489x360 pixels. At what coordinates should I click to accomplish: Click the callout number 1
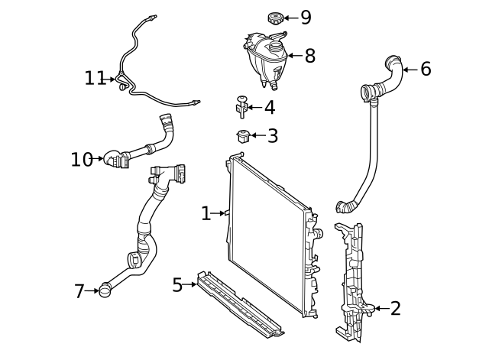(x=206, y=213)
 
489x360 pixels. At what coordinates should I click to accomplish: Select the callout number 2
(x=395, y=309)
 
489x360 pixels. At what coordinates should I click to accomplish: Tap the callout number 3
(x=272, y=137)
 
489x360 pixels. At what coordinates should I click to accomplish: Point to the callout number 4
(x=269, y=108)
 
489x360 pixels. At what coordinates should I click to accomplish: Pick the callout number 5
(x=177, y=285)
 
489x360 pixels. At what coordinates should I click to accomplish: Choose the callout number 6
(x=426, y=70)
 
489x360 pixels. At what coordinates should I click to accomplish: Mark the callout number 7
(x=79, y=291)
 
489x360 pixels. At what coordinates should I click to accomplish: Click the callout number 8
(x=309, y=56)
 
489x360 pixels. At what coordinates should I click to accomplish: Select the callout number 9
(x=306, y=18)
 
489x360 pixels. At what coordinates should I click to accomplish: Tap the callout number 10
(x=81, y=159)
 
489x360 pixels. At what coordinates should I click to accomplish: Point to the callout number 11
(x=95, y=78)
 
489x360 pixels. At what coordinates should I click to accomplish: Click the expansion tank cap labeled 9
(x=274, y=17)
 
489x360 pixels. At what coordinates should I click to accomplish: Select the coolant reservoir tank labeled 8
(x=264, y=57)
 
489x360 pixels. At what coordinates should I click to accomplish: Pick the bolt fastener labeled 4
(x=241, y=107)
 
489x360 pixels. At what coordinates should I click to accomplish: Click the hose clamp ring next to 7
(x=105, y=290)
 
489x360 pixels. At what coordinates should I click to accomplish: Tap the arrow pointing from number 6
(x=409, y=70)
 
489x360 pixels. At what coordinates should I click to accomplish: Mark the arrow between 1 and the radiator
(x=220, y=213)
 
